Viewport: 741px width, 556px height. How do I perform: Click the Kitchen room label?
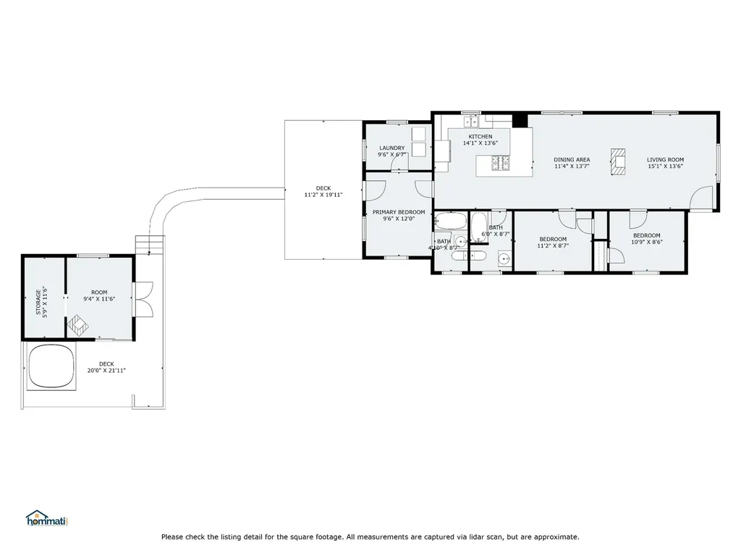480,137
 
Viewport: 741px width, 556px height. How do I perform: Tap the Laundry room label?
391,148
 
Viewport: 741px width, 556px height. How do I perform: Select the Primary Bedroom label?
399,212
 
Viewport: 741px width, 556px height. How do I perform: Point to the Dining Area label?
572,160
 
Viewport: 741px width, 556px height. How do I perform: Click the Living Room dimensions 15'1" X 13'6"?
666,167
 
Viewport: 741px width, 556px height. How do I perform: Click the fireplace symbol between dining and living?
618,162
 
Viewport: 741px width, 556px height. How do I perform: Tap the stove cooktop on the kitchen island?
501,163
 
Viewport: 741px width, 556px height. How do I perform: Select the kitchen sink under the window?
471,122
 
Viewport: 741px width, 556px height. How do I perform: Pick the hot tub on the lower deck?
51,366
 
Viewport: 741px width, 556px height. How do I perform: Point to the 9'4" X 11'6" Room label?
99,295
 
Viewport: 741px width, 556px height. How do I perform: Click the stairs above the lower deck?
151,245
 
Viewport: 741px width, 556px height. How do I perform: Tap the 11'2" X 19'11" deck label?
323,191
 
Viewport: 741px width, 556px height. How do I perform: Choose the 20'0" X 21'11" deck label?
106,367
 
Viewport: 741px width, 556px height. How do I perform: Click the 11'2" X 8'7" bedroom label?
553,243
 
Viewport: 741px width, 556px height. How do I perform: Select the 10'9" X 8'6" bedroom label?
646,239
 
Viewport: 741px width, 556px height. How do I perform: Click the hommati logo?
47,518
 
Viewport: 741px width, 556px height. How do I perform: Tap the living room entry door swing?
700,198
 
